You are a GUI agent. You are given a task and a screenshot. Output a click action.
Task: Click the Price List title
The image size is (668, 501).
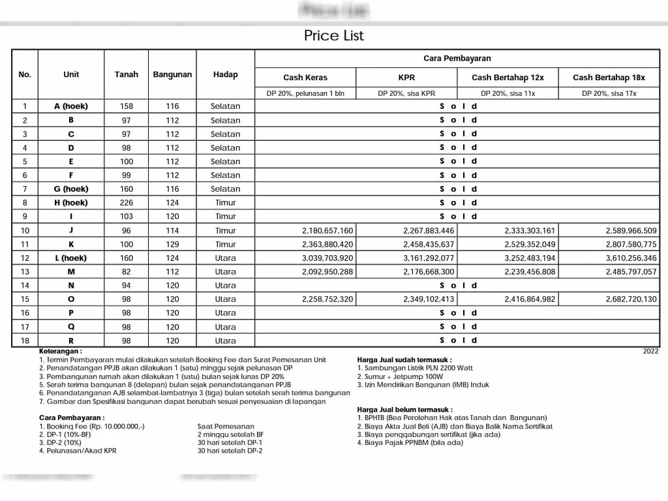coord(333,36)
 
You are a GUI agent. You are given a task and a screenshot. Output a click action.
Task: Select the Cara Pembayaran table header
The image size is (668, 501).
coord(457,59)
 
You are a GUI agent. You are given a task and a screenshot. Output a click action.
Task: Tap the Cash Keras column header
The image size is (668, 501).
coord(305,78)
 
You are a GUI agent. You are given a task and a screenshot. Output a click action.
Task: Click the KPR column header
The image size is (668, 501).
coord(406,78)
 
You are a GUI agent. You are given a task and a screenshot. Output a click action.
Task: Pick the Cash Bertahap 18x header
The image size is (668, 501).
coord(609,78)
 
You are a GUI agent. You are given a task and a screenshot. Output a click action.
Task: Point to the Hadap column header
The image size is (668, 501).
coord(225,74)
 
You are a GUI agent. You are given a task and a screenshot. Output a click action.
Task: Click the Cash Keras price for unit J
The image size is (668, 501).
coord(327,231)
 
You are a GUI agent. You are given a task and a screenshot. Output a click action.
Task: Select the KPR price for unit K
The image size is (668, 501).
coord(429,245)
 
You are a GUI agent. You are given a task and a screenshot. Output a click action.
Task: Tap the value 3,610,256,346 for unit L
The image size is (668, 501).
coord(631,258)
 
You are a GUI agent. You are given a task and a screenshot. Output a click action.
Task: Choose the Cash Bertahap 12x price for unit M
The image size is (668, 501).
coord(530,272)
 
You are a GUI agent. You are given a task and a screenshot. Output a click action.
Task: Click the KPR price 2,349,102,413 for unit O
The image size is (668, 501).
coord(429,299)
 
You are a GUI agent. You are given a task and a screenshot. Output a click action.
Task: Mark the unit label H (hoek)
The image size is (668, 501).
coord(70,203)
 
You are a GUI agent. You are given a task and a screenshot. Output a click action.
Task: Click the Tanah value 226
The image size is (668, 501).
coord(126,203)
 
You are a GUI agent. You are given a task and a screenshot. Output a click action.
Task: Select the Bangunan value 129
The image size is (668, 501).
coord(172,245)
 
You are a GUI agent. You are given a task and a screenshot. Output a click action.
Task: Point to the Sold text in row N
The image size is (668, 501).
coord(458,286)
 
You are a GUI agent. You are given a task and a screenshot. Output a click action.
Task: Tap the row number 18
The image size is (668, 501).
coord(25,341)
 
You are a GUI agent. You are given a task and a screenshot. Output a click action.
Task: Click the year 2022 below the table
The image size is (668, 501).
coord(650,351)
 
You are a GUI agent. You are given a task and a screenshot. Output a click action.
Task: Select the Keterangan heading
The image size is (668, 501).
coord(61,351)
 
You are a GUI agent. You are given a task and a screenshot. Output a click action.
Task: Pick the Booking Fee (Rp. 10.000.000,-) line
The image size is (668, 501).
coord(91,426)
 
